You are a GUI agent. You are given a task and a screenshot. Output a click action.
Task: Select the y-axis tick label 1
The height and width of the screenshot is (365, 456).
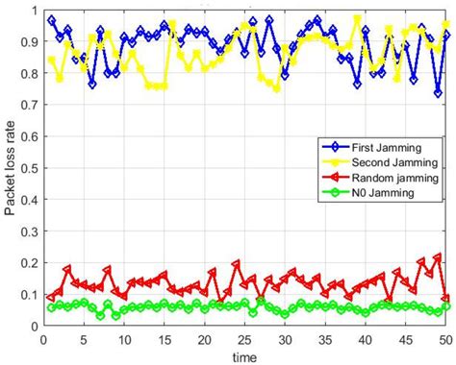pos(32,12)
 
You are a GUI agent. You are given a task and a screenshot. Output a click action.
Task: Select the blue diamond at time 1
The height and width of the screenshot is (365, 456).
pos(51,20)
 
